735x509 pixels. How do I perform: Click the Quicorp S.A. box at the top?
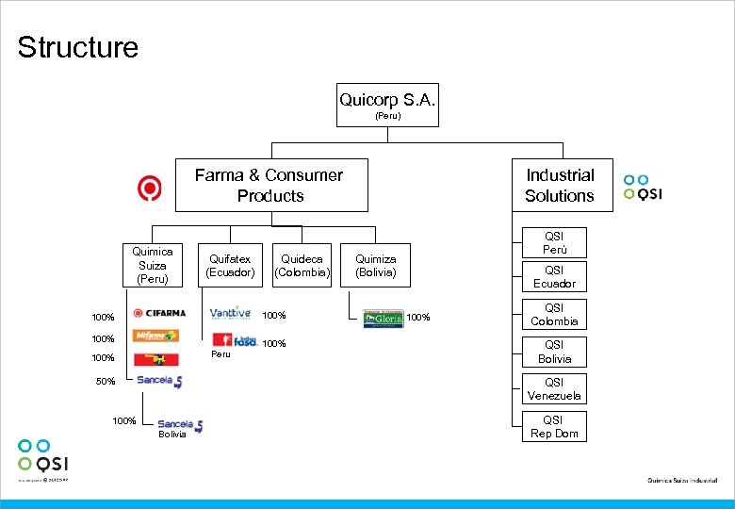coord(387,105)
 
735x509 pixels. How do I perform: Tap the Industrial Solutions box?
coord(560,185)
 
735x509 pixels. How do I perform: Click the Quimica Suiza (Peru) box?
coord(152,266)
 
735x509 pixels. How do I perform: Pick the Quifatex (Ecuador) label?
coord(231,266)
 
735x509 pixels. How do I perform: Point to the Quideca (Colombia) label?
coord(302,266)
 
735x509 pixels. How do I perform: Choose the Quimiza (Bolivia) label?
coord(375,266)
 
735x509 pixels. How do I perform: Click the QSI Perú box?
coord(554,242)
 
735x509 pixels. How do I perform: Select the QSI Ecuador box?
coord(554,277)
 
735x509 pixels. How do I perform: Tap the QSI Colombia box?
coord(554,315)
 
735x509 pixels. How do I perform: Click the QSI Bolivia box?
coord(554,352)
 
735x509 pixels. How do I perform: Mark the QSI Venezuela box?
coord(554,389)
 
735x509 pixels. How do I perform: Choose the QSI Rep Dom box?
coord(554,426)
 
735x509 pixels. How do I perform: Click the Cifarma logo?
coord(159,314)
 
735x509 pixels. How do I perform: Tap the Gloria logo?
coord(384,318)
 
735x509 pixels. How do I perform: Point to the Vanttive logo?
coord(230,314)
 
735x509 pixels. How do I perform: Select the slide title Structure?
coord(77,47)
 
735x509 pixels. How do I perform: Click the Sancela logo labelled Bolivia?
coord(180,425)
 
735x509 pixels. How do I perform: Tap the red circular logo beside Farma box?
coord(150,189)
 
